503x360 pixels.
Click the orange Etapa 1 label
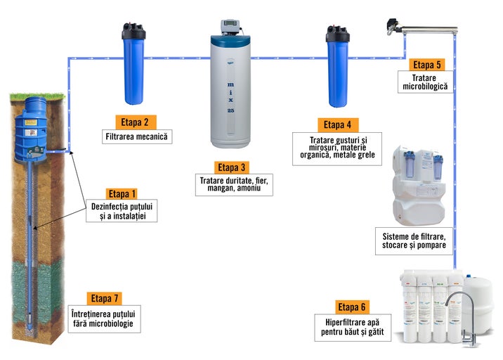click(x=122, y=193)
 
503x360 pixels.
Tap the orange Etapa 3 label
click(x=232, y=167)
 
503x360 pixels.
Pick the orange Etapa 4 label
click(x=337, y=124)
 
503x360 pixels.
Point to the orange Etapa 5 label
click(x=427, y=65)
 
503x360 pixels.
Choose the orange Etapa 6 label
click(x=352, y=307)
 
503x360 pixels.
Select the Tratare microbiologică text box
click(x=424, y=82)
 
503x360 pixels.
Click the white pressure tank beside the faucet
click(x=481, y=297)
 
